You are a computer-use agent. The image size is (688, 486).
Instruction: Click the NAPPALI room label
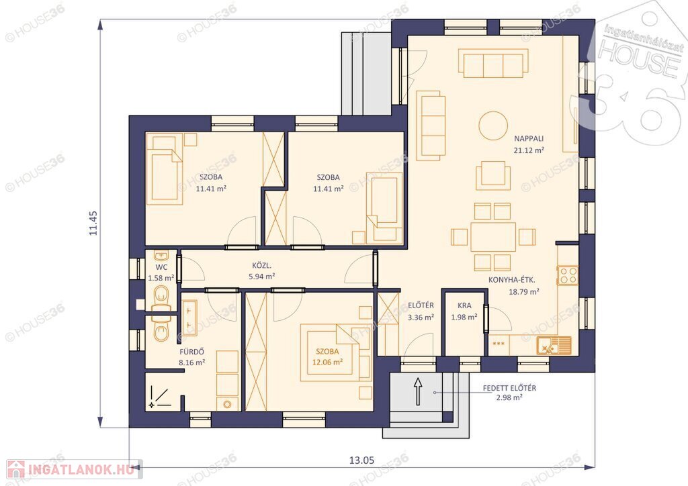pos(529,138)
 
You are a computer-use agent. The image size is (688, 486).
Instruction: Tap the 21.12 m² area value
pos(529,150)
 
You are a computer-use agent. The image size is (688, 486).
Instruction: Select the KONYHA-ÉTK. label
pos(511,280)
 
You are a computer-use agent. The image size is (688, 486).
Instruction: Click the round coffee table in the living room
pos(493,126)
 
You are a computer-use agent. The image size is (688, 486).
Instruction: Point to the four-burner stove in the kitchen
pos(568,276)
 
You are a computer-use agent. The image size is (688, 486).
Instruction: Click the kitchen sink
pos(554,346)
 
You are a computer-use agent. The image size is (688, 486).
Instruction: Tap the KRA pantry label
pos(464,305)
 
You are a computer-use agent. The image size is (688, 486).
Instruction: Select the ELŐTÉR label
pos(421,305)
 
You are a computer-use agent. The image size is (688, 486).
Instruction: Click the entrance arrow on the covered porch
pos(418,391)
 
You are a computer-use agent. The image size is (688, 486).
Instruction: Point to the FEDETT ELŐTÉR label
pos(509,388)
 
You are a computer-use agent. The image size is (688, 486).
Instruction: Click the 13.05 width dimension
pos(361,460)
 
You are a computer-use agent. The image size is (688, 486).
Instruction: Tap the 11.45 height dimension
pos(93,223)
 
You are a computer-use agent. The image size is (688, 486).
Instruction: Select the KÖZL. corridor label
pos(261,266)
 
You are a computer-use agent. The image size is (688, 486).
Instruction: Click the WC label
pos(161,267)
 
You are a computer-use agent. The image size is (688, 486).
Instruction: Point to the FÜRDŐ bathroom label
pos(191,352)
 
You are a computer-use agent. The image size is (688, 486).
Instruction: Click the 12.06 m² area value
pos(327,362)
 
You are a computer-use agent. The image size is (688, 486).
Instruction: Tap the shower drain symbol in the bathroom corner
pos(152,405)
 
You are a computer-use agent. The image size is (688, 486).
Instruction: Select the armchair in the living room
pos(493,175)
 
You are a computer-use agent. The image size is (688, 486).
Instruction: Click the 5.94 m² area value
pos(261,277)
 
